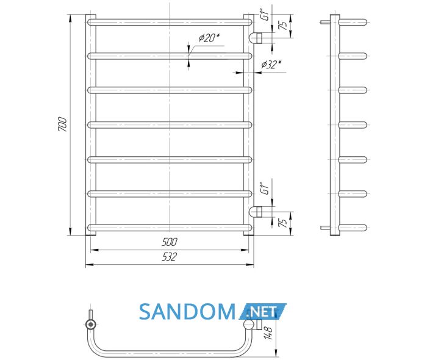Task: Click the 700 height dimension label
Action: pyautogui.click(x=62, y=124)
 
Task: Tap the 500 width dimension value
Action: pyautogui.click(x=169, y=242)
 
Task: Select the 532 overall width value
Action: pyautogui.click(x=169, y=256)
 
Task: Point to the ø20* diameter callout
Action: pyautogui.click(x=209, y=38)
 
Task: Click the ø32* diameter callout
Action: pyautogui.click(x=271, y=65)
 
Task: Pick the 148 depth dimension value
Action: pyautogui.click(x=268, y=333)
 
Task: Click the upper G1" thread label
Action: pyautogui.click(x=265, y=15)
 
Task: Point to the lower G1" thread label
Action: pyautogui.click(x=265, y=188)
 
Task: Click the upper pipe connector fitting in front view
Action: pyautogui.click(x=256, y=38)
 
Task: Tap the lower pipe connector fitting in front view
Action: pyautogui.click(x=256, y=212)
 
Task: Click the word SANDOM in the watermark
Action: pyautogui.click(x=187, y=312)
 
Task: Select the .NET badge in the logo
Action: pyautogui.click(x=262, y=311)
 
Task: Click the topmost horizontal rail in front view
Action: pyautogui.click(x=170, y=22)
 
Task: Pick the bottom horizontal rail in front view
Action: pyautogui.click(x=170, y=228)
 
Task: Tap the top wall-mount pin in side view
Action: pyautogui.click(x=325, y=22)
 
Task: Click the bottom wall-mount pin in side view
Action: pyautogui.click(x=325, y=228)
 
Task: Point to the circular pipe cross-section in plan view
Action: pyautogui.click(x=90, y=325)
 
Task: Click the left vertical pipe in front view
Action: pyautogui.click(x=91, y=124)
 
